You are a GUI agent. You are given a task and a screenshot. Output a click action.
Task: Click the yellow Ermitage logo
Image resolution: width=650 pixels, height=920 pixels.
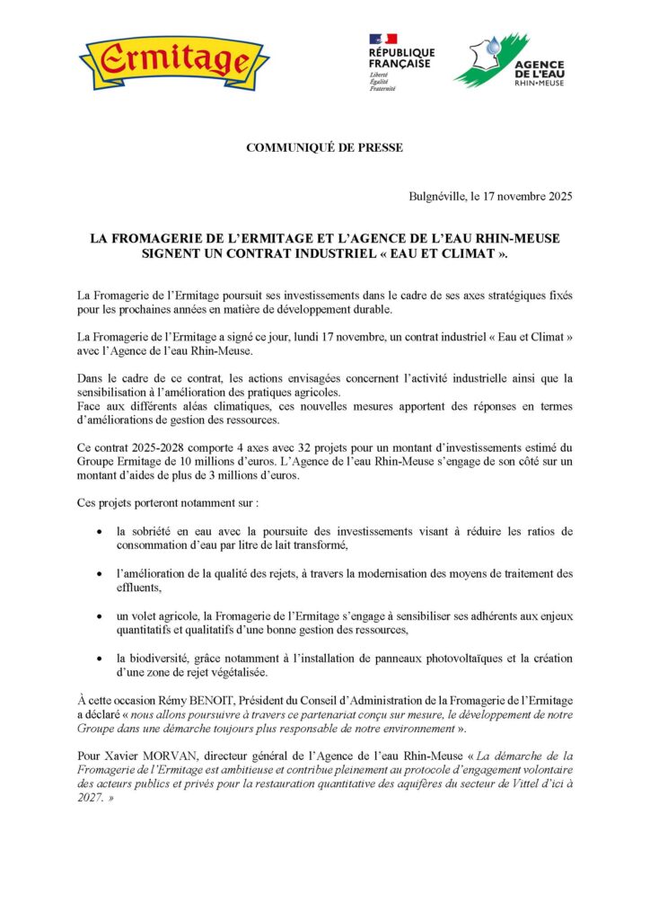173,61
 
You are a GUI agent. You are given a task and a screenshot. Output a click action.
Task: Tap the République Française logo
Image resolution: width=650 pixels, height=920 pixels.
400,62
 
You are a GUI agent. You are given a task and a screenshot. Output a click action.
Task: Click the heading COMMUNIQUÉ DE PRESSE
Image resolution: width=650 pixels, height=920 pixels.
324,147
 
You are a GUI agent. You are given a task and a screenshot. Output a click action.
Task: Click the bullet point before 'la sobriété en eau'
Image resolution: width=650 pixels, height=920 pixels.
98,533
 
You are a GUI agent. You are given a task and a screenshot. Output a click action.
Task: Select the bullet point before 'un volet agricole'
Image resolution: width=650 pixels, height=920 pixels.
98,615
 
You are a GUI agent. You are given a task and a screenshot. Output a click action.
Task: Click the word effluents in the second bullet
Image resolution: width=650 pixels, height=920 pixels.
138,588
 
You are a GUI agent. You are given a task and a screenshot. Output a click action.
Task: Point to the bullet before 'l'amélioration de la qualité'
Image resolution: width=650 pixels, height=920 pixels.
98,574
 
